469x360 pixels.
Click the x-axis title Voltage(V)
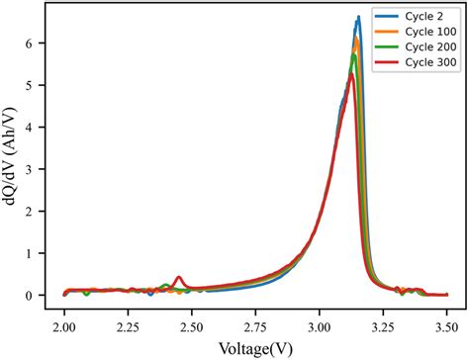[255, 347]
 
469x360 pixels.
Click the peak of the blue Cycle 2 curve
[358, 18]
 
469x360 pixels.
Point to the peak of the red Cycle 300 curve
[350, 75]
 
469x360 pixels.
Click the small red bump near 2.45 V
[178, 278]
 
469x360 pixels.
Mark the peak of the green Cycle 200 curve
[354, 55]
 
